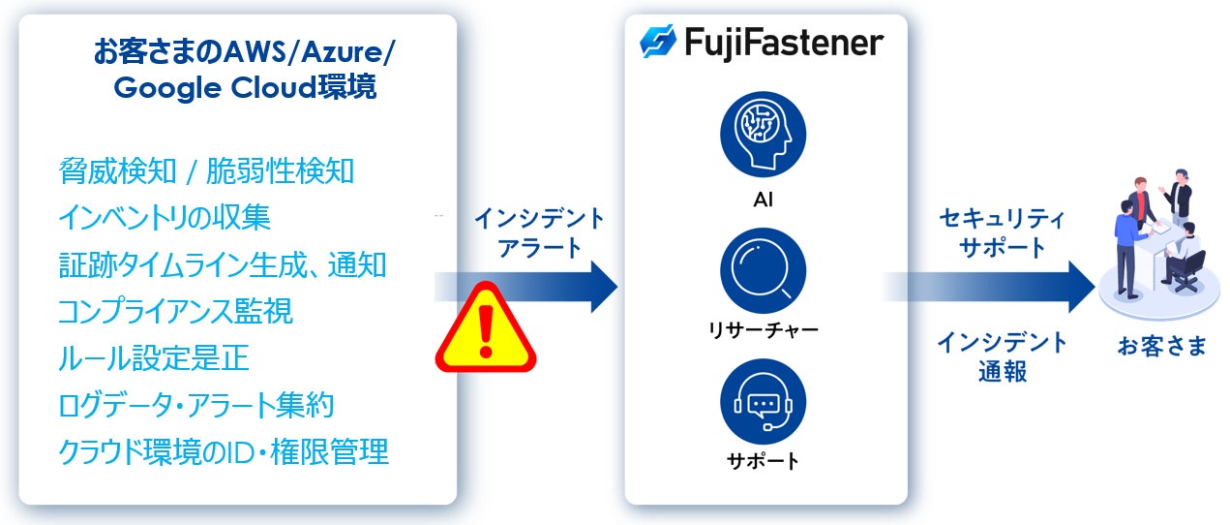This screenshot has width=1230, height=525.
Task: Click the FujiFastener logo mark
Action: [658, 44]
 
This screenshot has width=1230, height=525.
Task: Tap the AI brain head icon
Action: [763, 136]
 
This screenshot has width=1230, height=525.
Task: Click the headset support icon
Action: [763, 400]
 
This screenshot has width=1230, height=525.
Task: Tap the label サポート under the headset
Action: [763, 461]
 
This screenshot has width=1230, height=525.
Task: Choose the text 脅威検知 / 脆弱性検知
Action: [206, 172]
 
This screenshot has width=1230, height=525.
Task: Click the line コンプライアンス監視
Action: [175, 312]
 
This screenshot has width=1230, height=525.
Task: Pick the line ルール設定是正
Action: [153, 358]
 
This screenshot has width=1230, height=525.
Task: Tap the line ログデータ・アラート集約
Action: [196, 405]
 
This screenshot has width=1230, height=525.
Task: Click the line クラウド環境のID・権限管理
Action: [224, 451]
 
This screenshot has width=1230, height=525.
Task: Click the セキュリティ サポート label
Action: [1002, 232]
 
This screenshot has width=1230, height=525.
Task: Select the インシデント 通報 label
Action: [1002, 356]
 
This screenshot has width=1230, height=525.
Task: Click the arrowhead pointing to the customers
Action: [1079, 287]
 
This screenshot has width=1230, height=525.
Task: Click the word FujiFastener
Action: [783, 44]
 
